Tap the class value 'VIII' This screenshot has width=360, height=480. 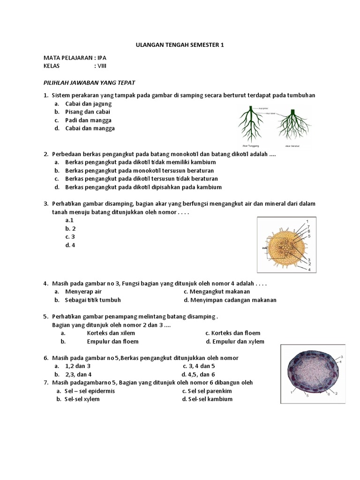(x=103, y=66)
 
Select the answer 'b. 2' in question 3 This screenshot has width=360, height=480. (x=71, y=228)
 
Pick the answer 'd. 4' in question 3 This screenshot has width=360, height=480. (x=71, y=245)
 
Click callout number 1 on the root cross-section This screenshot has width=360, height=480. (x=307, y=221)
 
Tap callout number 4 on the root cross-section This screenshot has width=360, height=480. (x=310, y=269)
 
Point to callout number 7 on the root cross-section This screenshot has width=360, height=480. (x=308, y=226)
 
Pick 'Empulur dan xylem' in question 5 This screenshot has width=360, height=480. (x=235, y=341)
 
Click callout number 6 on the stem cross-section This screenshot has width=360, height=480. (x=329, y=394)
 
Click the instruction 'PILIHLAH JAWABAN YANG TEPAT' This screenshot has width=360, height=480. (x=89, y=83)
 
